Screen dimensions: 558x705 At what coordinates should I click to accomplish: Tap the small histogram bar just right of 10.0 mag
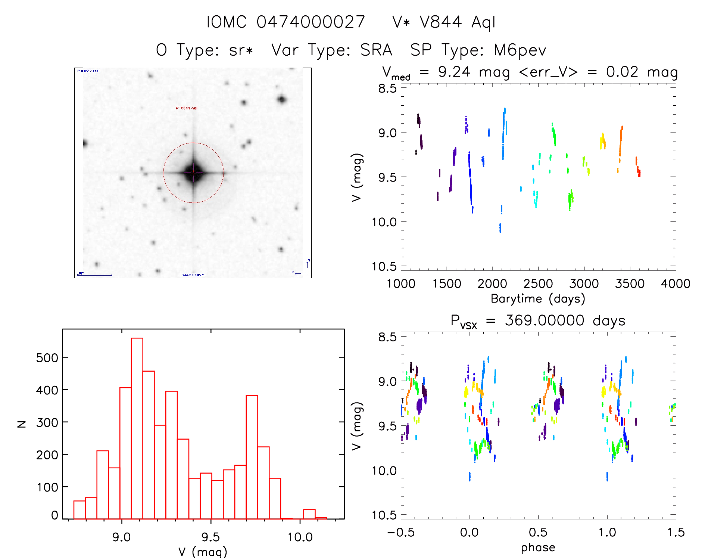point(309,514)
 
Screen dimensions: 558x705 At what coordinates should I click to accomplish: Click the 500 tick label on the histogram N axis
point(47,358)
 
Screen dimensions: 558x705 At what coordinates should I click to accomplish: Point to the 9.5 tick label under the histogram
point(210,537)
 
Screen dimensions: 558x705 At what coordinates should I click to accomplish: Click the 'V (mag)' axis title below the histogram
point(203,552)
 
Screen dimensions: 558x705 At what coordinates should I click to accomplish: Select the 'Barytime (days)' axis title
point(538,299)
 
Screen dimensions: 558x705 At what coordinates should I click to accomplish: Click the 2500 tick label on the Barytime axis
point(538,284)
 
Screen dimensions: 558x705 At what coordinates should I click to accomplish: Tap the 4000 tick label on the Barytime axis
point(675,284)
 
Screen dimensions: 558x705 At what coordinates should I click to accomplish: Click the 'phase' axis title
point(538,548)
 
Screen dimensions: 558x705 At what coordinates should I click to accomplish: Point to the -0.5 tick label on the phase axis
point(401,533)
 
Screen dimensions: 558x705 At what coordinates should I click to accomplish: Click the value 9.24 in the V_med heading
point(454,72)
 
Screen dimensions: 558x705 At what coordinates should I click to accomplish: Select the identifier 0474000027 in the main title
point(311,22)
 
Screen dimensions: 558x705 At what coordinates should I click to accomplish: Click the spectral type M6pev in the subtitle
point(520,50)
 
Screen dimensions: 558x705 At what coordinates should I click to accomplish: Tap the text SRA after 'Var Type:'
point(376,50)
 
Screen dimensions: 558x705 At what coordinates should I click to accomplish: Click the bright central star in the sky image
point(193,173)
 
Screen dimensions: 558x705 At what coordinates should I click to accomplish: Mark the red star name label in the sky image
point(187,108)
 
